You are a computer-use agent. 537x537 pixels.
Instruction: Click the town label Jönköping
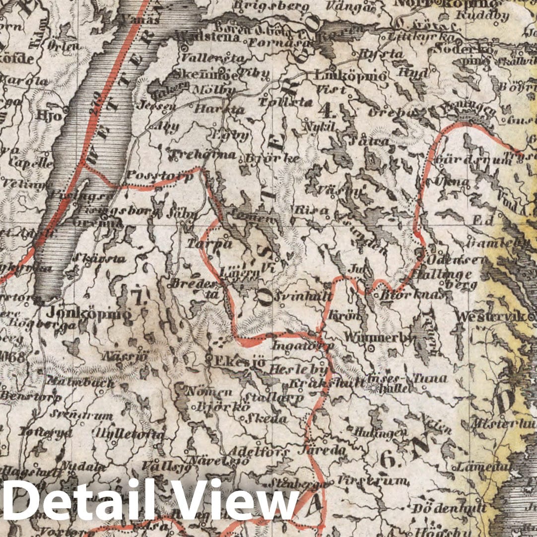point(89,314)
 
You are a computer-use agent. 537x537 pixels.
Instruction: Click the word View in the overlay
point(238,501)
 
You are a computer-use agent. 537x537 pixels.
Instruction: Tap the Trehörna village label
point(202,155)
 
